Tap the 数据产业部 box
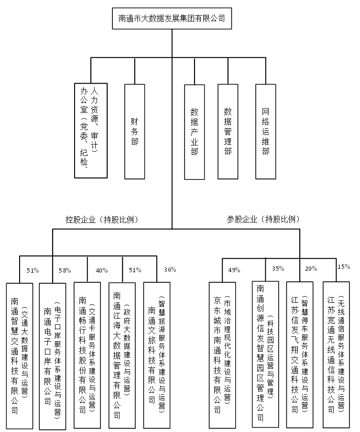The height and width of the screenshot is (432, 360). (195, 132)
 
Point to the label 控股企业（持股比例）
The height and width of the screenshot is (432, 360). (101, 220)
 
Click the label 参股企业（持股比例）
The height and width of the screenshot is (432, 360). (263, 220)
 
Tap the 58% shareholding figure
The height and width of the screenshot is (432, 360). (65, 271)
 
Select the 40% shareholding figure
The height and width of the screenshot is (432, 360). (102, 271)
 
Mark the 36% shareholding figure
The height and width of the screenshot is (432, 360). (170, 269)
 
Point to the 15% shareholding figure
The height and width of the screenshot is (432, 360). (343, 266)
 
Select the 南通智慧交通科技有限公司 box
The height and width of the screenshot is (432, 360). (20, 355)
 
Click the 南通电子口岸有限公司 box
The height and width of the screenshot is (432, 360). (52, 355)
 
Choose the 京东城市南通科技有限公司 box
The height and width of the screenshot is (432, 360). (222, 354)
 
